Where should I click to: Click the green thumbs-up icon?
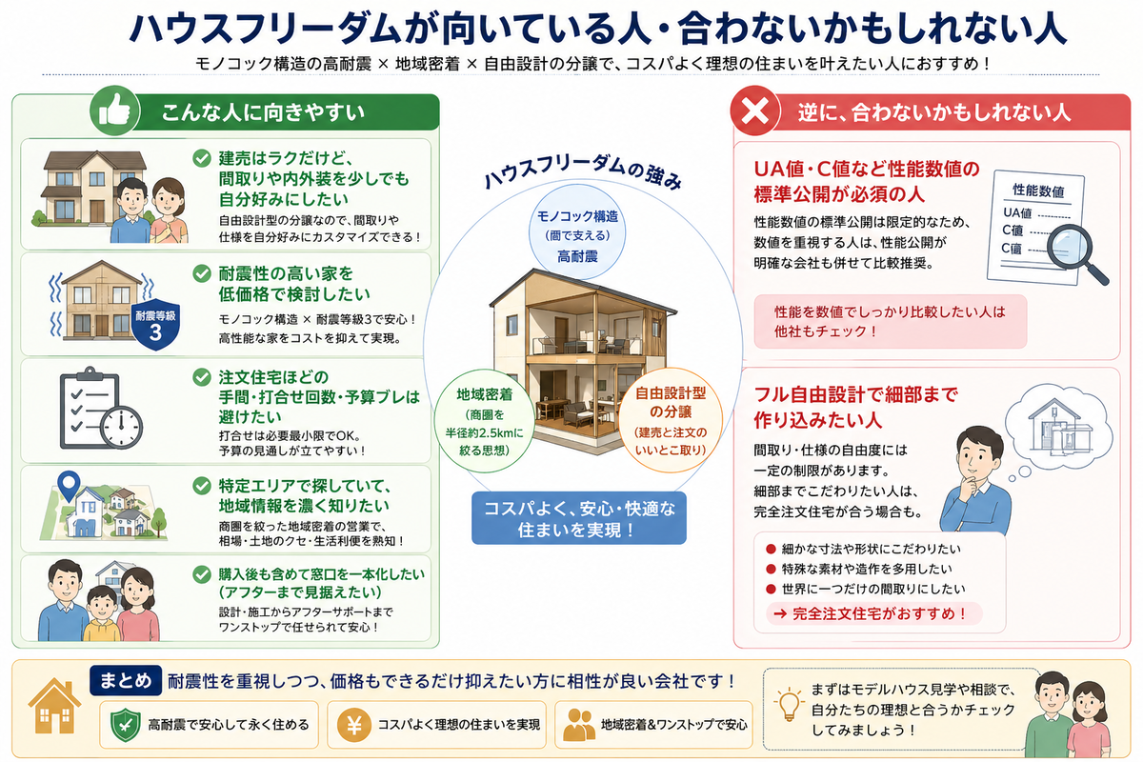(x=114, y=110)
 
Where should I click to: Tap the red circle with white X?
(x=755, y=110)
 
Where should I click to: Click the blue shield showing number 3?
(x=155, y=325)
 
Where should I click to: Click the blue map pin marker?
(x=69, y=485)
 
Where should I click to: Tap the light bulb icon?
(x=789, y=703)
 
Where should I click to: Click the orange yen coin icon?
(x=354, y=725)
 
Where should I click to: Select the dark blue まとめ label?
(x=126, y=680)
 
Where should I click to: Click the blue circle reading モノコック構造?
(x=576, y=232)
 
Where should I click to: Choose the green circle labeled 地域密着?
(x=484, y=421)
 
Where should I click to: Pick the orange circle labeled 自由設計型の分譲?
(x=671, y=420)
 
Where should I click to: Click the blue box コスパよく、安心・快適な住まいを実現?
(x=579, y=518)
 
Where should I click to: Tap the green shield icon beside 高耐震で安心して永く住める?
(x=126, y=725)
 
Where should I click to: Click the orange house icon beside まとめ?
(x=54, y=707)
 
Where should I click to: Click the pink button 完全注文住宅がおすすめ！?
(x=874, y=613)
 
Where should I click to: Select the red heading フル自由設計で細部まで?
(x=856, y=394)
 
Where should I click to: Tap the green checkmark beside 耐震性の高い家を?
(x=202, y=273)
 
